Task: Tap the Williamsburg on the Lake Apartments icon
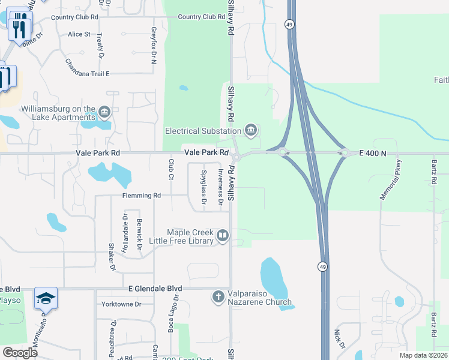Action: tap(104, 112)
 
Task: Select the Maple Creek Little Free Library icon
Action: tap(223, 236)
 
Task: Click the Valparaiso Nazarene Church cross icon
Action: tap(218, 296)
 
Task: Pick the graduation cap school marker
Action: tap(46, 298)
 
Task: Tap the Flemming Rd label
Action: tap(142, 196)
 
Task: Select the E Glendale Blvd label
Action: tap(155, 289)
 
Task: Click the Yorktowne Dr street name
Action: tap(121, 304)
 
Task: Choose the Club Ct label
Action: tap(171, 169)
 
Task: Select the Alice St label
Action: tap(79, 35)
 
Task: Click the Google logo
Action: tap(20, 353)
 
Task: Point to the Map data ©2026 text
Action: tap(423, 355)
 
